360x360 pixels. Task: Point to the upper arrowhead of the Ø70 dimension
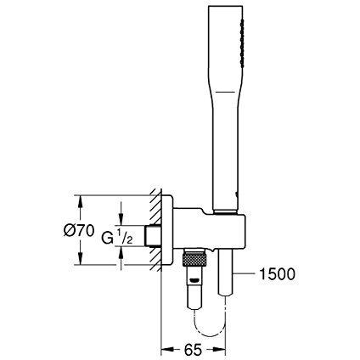(81, 200)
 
